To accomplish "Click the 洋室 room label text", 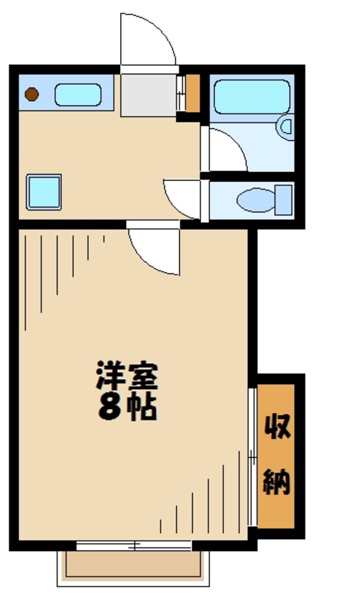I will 127,377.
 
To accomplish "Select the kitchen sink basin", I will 78,95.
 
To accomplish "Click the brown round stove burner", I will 32,94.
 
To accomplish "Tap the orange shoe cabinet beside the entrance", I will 193,93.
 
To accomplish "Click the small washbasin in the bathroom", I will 287,127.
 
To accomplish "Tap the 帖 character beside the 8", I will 144,408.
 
